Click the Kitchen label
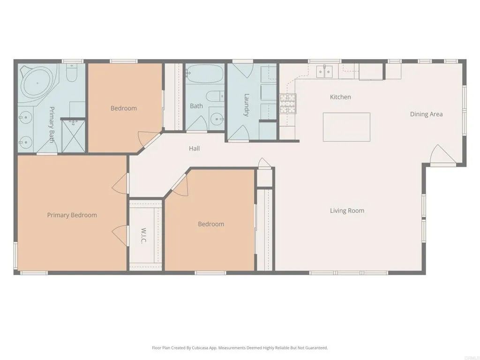point(340,97)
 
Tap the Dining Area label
point(426,114)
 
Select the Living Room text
point(347,210)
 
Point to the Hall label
point(194,148)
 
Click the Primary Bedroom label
point(72,215)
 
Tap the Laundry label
point(247,105)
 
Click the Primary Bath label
point(52,124)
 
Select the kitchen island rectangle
point(346,127)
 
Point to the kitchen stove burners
point(288,104)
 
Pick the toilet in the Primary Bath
point(72,74)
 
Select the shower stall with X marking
point(74,136)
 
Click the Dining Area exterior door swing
point(442,156)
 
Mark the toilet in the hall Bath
point(215,96)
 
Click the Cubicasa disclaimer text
point(240,348)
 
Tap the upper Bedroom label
point(124,108)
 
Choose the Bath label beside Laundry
point(196,106)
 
